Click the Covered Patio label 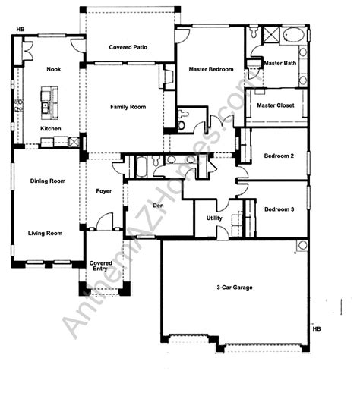pos(128,47)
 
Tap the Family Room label pos(128,107)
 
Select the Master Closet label pos(276,105)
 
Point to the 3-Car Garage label pos(235,288)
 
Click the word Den pos(158,206)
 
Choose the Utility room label pos(214,218)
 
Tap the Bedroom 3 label pos(279,209)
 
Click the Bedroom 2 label pos(279,156)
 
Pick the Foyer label pos(104,191)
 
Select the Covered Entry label pos(100,266)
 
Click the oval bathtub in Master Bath pos(294,35)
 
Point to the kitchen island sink pos(45,108)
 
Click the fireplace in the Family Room pos(167,77)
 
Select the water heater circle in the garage pos(302,245)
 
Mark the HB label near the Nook pos(21,30)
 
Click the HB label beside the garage pos(317,329)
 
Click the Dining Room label pos(48,181)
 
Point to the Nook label pos(54,69)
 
